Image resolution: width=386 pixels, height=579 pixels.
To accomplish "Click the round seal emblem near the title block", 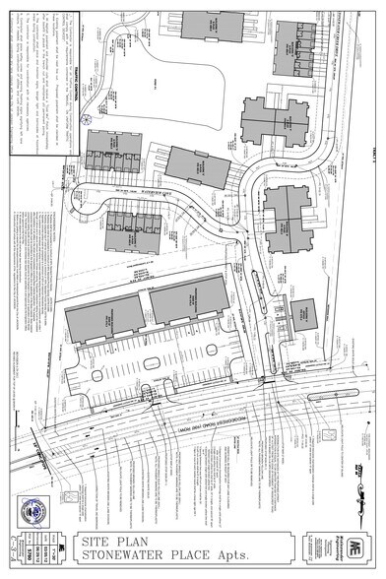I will [x=33, y=509].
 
